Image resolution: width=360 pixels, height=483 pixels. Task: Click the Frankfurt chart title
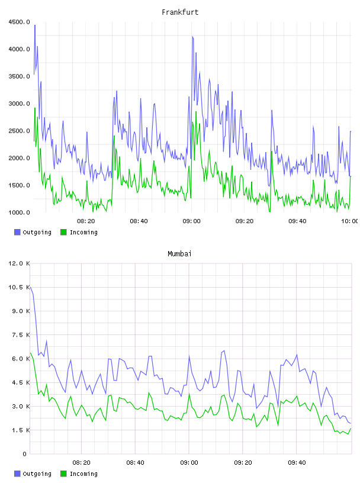click(180, 12)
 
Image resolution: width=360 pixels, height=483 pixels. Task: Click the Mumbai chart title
click(179, 254)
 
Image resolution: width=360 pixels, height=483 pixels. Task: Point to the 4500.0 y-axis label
click(19, 22)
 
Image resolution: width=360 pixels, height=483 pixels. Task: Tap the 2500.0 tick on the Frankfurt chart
click(19, 131)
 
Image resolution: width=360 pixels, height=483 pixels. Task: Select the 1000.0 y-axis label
click(19, 212)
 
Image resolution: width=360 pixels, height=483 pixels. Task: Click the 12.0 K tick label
click(19, 263)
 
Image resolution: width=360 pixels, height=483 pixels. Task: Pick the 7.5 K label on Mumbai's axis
click(21, 335)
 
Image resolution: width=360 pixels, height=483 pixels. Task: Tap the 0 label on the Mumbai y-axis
click(25, 454)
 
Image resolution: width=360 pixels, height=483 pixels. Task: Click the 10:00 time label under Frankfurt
click(350, 221)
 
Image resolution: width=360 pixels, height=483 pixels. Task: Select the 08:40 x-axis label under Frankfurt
click(139, 221)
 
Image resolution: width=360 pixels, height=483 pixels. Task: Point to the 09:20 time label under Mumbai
click(243, 463)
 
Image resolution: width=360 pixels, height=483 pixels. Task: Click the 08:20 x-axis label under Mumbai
click(81, 463)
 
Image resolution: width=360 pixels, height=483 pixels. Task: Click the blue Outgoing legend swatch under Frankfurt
click(17, 232)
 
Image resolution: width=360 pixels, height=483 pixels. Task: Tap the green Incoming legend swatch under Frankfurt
click(63, 232)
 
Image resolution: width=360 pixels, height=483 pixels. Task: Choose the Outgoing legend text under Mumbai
click(37, 474)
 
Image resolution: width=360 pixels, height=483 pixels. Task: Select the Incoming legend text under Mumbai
click(83, 474)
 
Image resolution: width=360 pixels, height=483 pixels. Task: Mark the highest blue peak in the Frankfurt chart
click(35, 25)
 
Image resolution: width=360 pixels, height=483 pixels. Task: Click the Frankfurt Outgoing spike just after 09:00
click(192, 36)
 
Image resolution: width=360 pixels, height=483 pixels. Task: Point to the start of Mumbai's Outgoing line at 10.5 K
click(30, 287)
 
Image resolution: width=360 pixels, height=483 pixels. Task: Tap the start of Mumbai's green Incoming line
click(30, 353)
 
